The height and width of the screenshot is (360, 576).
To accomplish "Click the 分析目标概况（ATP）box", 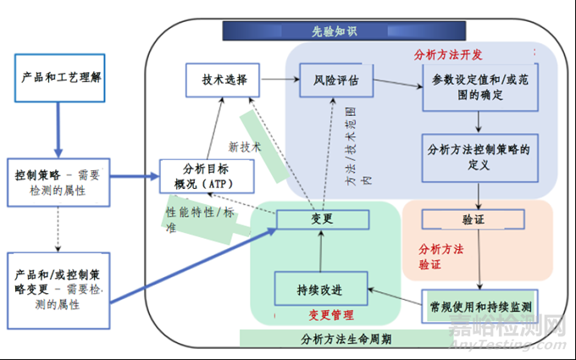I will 197,175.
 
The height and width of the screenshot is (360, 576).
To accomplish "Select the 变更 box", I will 323,219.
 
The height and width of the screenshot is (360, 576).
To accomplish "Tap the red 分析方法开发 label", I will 448,54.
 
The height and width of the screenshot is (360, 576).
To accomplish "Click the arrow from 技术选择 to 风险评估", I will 280,80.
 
